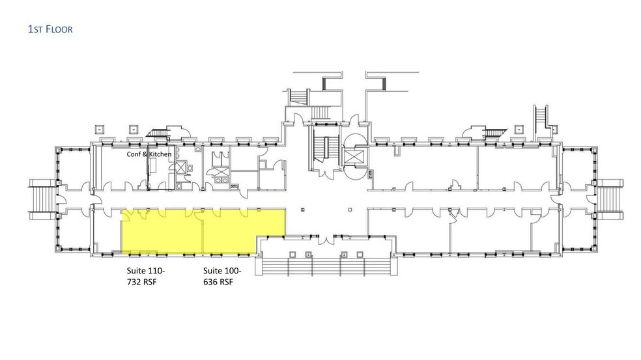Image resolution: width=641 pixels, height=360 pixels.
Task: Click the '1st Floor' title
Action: pyautogui.click(x=50, y=29)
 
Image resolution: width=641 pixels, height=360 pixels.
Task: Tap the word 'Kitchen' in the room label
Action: pyautogui.click(x=160, y=154)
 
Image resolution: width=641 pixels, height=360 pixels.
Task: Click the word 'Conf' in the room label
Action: pyautogui.click(x=134, y=154)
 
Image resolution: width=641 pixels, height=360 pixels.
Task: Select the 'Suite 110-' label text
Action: pyautogui.click(x=145, y=271)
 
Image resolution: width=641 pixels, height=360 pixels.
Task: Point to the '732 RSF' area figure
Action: pyautogui.click(x=141, y=282)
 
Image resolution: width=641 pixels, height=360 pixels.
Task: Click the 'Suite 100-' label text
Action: pyautogui.click(x=222, y=271)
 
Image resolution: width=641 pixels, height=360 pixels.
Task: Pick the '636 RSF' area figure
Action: pyautogui.click(x=218, y=282)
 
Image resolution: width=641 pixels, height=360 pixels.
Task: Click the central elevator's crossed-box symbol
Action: pyautogui.click(x=354, y=156)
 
